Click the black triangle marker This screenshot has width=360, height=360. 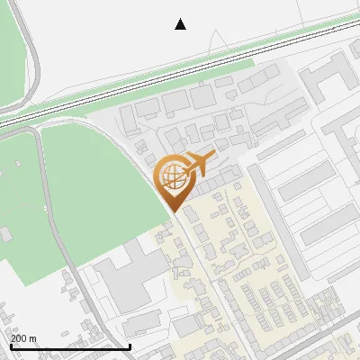pos(181,24)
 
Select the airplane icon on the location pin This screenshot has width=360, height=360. pos(197,164)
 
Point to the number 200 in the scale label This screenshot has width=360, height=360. pos(19,338)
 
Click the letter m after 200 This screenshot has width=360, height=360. pos(32,338)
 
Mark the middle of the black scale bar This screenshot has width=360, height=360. pos(70,346)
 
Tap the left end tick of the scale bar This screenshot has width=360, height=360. pos(10,345)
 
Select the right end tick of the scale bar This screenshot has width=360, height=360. pos(130,345)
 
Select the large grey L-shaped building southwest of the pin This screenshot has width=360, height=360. pos(126,279)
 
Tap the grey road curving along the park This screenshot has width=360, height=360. pos(54,225)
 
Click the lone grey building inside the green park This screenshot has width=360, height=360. pos(6,234)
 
